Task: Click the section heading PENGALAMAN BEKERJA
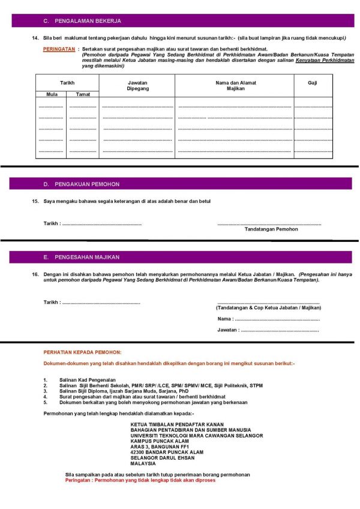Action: point(88,21)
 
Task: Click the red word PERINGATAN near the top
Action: point(59,49)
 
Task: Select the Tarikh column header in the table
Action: point(67,82)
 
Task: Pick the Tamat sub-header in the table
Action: point(83,94)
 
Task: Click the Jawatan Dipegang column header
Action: point(137,85)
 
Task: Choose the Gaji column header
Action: point(312,82)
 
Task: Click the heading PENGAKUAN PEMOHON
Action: point(87,184)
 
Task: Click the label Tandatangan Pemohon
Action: point(271,229)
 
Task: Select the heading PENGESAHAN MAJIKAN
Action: point(87,258)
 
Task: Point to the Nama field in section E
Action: point(276,319)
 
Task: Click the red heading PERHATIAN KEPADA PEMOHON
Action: point(82,352)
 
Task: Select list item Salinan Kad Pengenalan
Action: point(86,381)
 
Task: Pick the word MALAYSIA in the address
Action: point(143,463)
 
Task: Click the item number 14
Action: point(35,38)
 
